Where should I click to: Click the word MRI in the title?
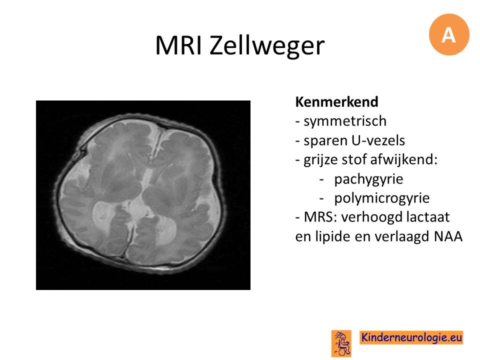tap(178, 45)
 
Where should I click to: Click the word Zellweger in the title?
tap(267, 46)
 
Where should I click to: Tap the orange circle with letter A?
tap(449, 34)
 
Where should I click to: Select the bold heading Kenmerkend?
tap(336, 102)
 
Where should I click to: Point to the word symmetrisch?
tap(345, 121)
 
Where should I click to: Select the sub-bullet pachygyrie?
tap(368, 179)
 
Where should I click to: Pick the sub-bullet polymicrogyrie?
tap(382, 198)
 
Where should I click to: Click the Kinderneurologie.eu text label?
tap(411, 337)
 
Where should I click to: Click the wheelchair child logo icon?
tap(341, 343)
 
